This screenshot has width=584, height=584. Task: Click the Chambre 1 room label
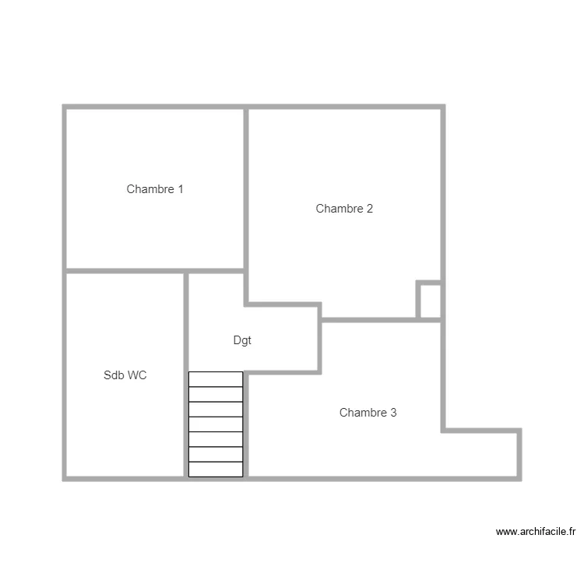coord(155,189)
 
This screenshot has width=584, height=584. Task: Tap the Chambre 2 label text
coord(344,209)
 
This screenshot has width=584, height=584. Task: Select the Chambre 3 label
coord(368,413)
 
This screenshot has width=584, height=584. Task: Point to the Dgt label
coord(242,341)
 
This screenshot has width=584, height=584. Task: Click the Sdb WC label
coord(125,375)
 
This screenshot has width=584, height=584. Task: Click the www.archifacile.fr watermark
coord(536,533)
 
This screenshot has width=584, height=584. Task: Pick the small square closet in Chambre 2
coord(430,301)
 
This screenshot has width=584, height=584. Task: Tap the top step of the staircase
coord(216,379)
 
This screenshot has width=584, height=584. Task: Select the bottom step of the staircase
coord(216,470)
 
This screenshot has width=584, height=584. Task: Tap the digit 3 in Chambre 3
coord(393,413)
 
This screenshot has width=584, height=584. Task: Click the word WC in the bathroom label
coord(137,375)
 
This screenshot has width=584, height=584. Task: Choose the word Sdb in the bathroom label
coord(113,375)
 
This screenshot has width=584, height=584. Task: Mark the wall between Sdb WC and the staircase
coord(186,389)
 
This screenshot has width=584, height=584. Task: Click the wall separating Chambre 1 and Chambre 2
coord(246,187)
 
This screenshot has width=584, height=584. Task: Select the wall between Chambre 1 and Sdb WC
coord(125,271)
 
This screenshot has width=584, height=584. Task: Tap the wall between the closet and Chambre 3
coord(430,318)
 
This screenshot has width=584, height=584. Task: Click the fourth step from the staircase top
coord(216,424)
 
